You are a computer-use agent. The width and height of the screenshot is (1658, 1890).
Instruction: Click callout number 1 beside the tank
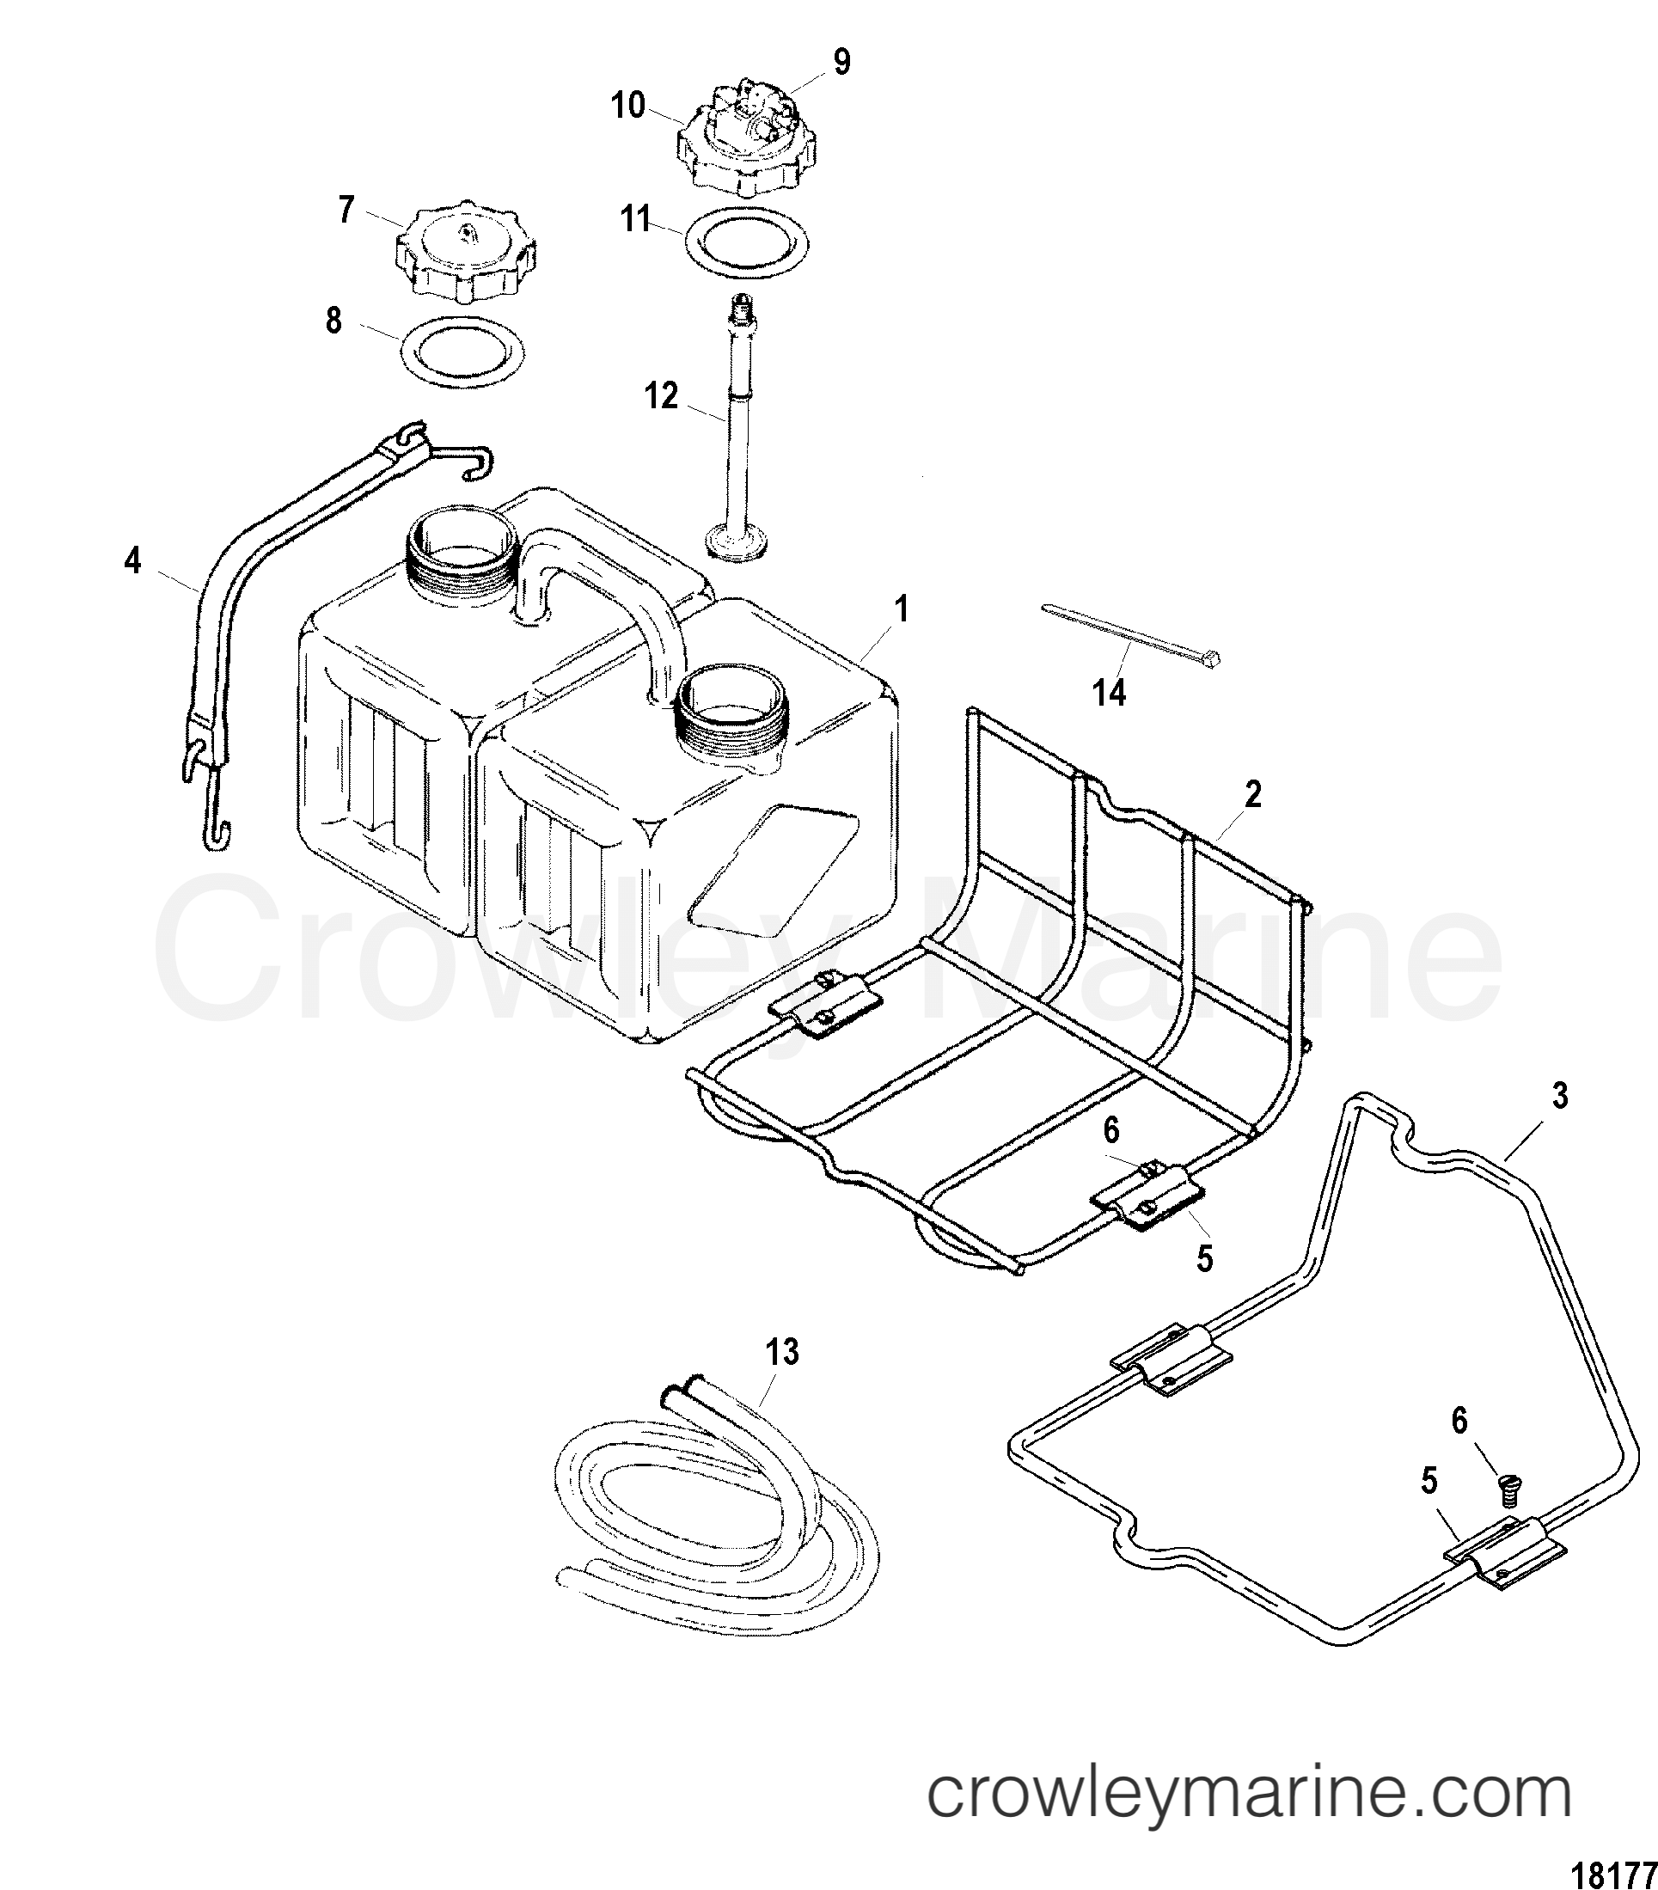click(x=901, y=610)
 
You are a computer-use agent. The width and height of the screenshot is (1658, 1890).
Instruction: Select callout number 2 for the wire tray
click(x=1252, y=794)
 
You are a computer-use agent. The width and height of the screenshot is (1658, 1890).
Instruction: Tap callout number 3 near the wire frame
click(x=1560, y=1097)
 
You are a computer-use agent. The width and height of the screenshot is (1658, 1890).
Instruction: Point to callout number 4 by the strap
click(x=133, y=560)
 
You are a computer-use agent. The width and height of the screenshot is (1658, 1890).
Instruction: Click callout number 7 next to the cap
click(x=346, y=210)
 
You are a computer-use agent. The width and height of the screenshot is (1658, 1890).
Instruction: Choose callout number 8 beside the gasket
click(x=333, y=321)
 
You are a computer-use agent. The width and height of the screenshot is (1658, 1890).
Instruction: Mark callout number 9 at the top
click(x=841, y=62)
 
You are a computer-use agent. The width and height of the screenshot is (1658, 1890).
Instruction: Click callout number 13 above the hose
click(x=782, y=1352)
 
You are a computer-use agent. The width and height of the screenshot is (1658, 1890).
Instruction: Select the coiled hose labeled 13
click(x=703, y=1516)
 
